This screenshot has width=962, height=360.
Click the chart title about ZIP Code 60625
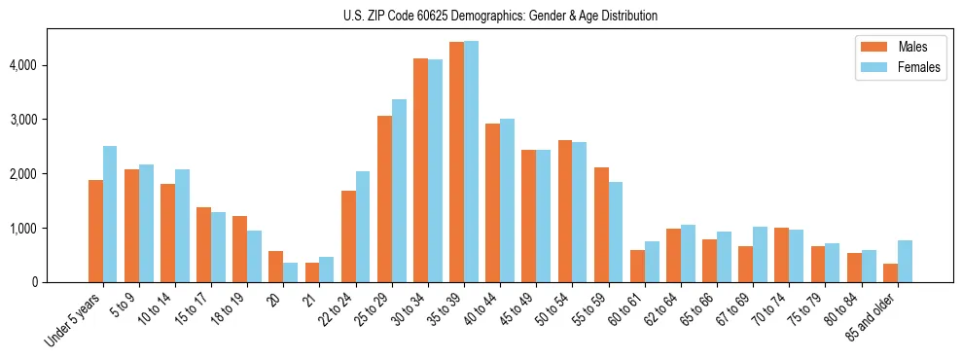(x=500, y=16)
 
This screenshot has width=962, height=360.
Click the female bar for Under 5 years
(x=110, y=214)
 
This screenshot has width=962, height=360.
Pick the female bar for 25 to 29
(x=399, y=191)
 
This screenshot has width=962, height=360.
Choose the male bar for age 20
(x=276, y=267)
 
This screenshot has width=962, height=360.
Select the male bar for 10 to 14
(x=167, y=233)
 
